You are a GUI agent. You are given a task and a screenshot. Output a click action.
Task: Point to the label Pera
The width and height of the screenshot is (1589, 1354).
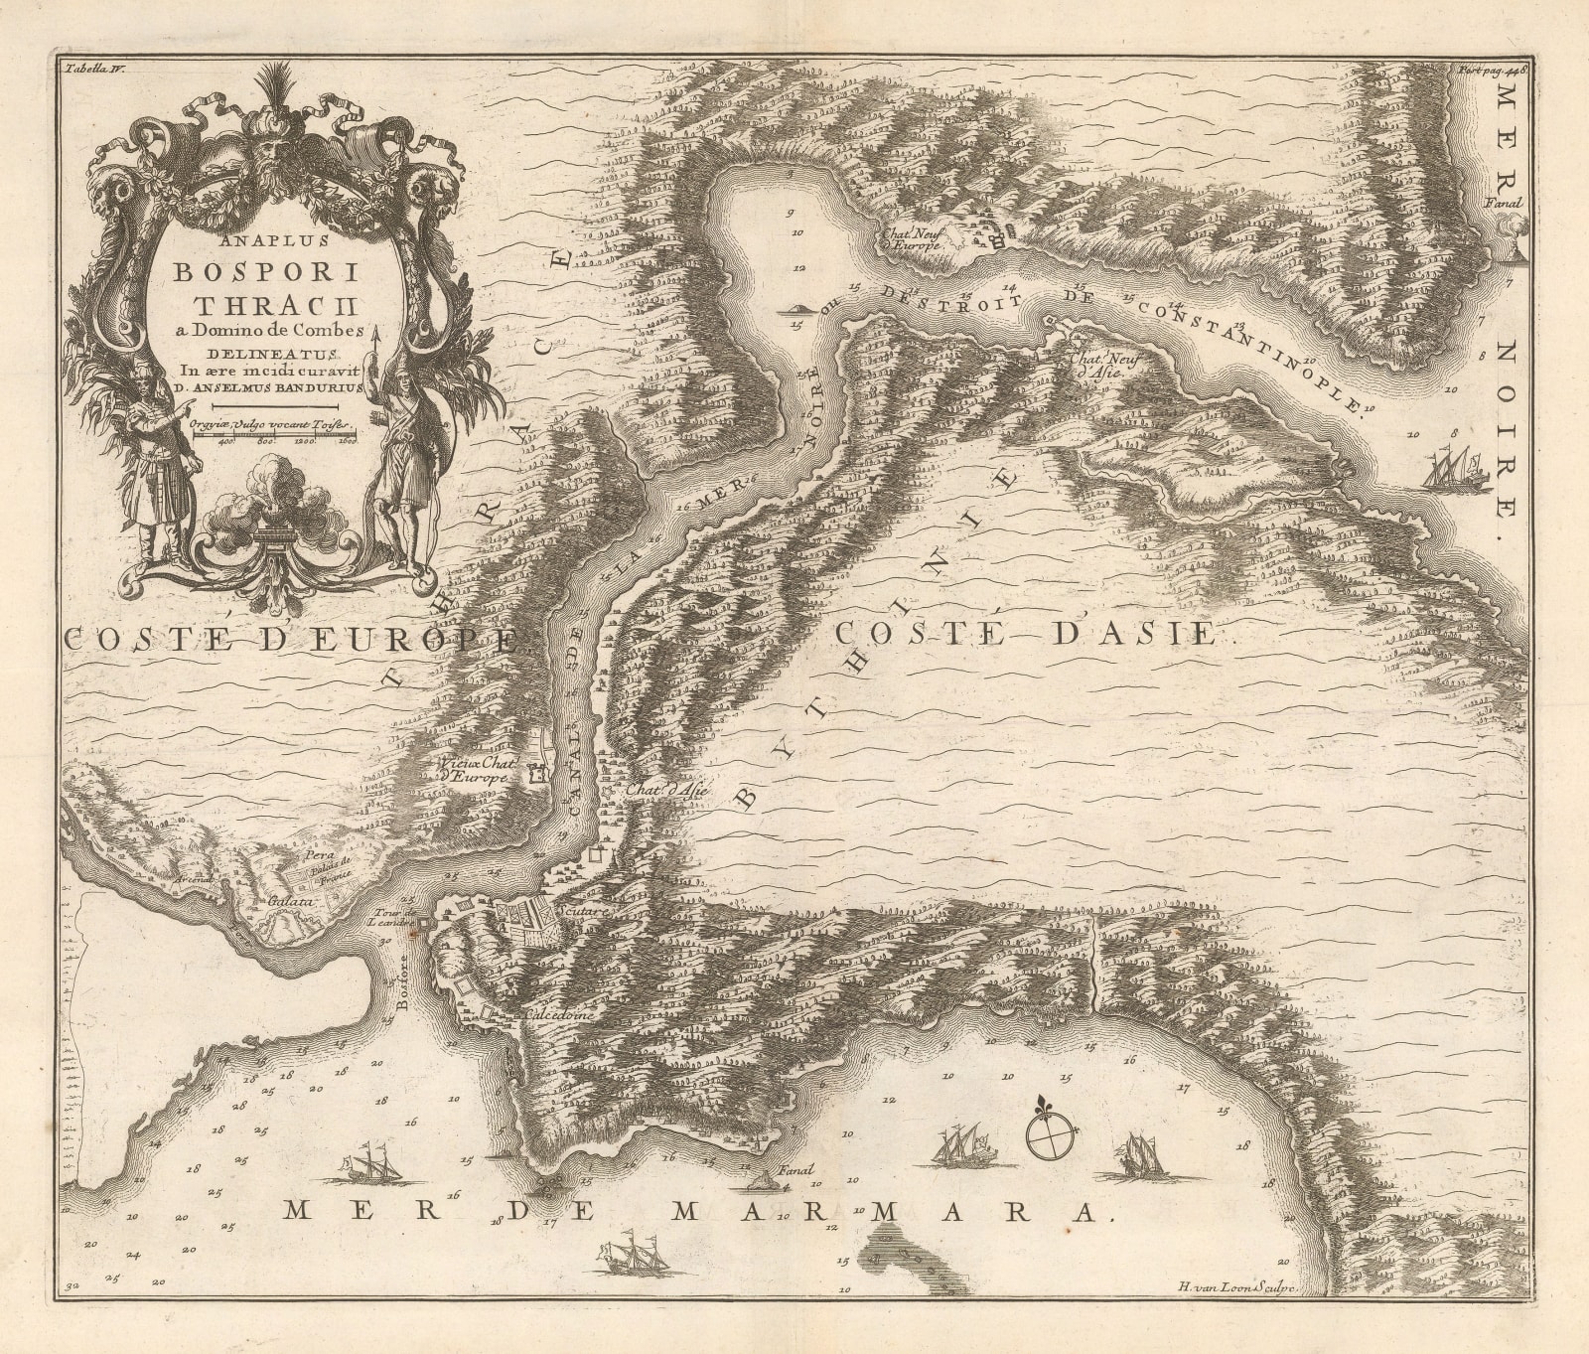click(316, 852)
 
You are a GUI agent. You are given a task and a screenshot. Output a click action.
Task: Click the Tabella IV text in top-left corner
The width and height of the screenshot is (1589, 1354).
click(90, 70)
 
